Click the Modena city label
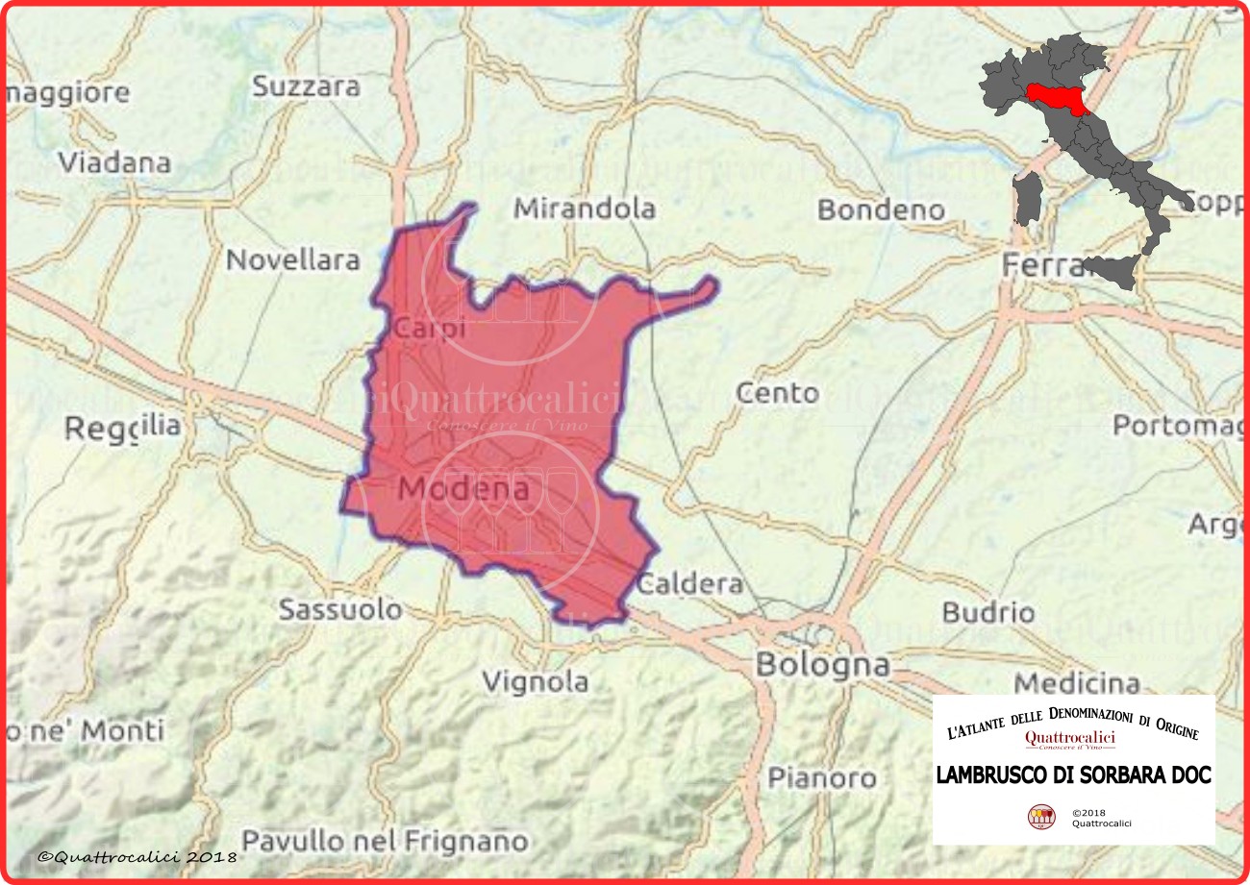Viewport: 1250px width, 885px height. point(463,489)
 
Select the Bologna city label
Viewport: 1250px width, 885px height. point(822,664)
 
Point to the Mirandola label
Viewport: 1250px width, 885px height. point(585,209)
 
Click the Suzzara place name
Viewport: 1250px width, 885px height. point(306,86)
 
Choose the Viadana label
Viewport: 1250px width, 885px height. point(113,161)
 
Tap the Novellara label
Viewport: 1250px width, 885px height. point(292,259)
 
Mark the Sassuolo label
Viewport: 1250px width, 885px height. point(340,609)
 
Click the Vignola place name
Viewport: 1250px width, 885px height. point(535,681)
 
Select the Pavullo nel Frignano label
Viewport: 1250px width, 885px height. point(385,841)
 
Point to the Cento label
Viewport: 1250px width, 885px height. point(777,393)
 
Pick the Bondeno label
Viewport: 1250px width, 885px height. point(881,209)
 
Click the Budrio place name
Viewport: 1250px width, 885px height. point(988,612)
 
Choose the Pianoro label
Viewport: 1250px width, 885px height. point(821,777)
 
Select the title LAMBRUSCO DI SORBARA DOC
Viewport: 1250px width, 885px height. point(1073,774)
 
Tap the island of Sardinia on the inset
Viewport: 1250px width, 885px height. point(1027,200)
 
